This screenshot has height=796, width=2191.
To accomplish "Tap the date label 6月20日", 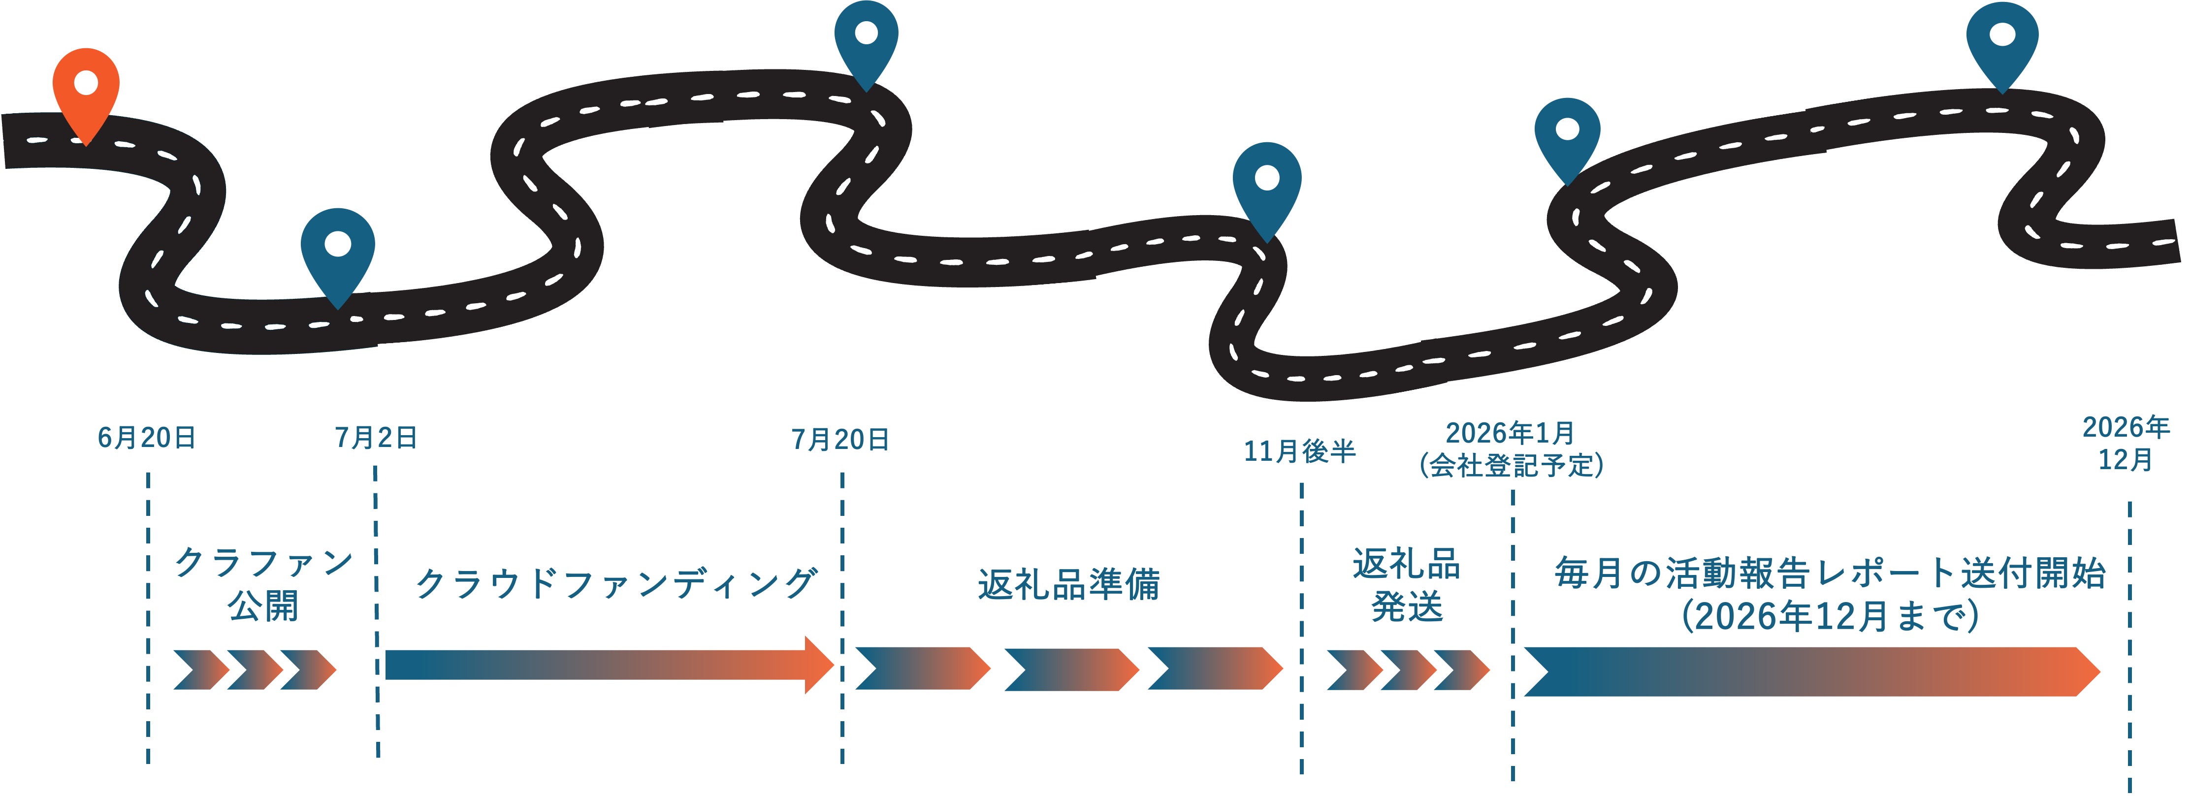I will (147, 438).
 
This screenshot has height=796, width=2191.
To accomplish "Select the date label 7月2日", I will (376, 438).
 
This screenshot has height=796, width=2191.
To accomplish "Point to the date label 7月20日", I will (840, 440).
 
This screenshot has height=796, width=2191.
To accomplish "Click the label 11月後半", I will (1300, 451).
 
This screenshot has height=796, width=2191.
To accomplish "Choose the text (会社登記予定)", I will (1512, 465).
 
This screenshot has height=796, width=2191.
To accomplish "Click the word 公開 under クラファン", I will (264, 607).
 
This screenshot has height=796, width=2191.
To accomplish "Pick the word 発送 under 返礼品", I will (1408, 607).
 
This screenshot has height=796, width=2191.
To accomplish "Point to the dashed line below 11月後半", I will (1301, 629).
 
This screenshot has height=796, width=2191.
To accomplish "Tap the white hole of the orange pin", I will (86, 83).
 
